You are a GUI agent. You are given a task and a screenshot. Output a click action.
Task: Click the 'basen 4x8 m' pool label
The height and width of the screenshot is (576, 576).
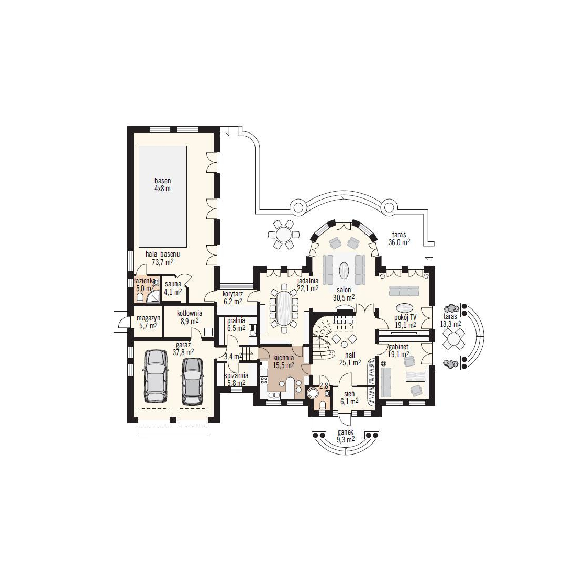pyautogui.click(x=162, y=185)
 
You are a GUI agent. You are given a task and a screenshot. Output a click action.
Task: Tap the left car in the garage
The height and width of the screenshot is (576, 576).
pyautogui.click(x=156, y=375)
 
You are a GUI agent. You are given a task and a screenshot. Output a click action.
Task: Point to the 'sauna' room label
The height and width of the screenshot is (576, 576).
pyautogui.click(x=173, y=284)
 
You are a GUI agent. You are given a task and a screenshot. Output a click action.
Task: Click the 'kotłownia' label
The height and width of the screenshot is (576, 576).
pyautogui.click(x=190, y=313)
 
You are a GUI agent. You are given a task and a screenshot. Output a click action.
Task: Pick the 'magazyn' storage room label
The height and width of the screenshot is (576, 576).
pyautogui.click(x=148, y=318)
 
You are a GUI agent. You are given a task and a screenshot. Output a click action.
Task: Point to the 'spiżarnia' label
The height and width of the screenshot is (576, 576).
pyautogui.click(x=236, y=376)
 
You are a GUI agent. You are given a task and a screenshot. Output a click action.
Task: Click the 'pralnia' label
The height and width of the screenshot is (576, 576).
pyautogui.click(x=236, y=320)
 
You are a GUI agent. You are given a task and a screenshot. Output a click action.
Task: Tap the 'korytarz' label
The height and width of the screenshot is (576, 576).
pyautogui.click(x=233, y=294)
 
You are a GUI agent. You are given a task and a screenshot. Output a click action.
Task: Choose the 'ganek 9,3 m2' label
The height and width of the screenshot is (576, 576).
pyautogui.click(x=345, y=436)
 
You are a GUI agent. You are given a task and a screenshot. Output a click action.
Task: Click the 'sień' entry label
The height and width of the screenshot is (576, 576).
pyautogui.click(x=349, y=393)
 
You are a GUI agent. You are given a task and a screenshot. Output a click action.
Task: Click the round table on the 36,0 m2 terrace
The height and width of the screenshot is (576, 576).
pyautogui.click(x=284, y=235)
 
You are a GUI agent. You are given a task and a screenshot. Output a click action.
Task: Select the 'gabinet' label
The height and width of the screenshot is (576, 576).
pyautogui.click(x=398, y=347)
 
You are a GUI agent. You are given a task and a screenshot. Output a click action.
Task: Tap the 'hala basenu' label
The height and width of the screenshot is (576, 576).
pyautogui.click(x=162, y=254)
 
